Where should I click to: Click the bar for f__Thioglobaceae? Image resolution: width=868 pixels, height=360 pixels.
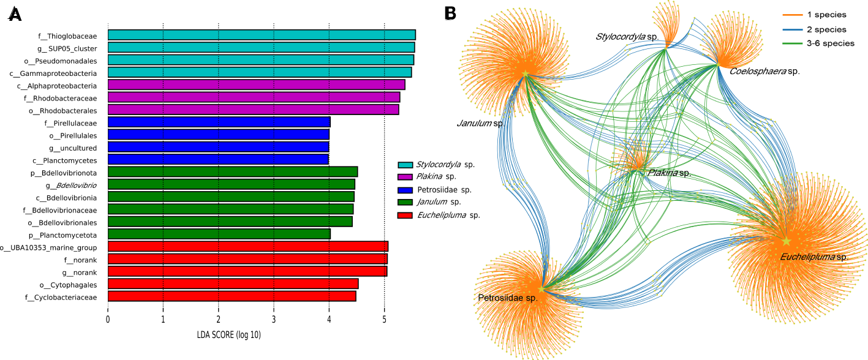click(x=262, y=35)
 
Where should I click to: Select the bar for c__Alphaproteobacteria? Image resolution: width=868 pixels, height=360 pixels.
click(x=256, y=84)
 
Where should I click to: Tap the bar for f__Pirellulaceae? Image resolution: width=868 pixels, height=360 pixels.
click(x=219, y=122)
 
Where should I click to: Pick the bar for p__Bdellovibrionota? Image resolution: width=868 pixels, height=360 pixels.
click(x=232, y=171)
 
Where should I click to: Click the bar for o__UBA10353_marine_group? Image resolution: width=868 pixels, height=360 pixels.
click(x=247, y=246)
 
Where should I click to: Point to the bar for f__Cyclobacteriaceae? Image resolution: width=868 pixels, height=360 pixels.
click(x=232, y=296)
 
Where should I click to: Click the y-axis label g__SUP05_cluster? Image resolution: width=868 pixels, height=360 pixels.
click(x=67, y=48)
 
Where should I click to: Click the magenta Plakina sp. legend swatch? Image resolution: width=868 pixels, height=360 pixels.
click(x=405, y=177)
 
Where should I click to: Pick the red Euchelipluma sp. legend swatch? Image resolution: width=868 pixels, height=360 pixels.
click(x=405, y=215)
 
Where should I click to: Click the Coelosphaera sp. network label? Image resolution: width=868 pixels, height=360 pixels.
click(x=764, y=72)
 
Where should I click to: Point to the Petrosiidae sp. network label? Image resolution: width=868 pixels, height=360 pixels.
click(x=507, y=298)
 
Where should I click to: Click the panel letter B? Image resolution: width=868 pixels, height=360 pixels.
click(x=451, y=12)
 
